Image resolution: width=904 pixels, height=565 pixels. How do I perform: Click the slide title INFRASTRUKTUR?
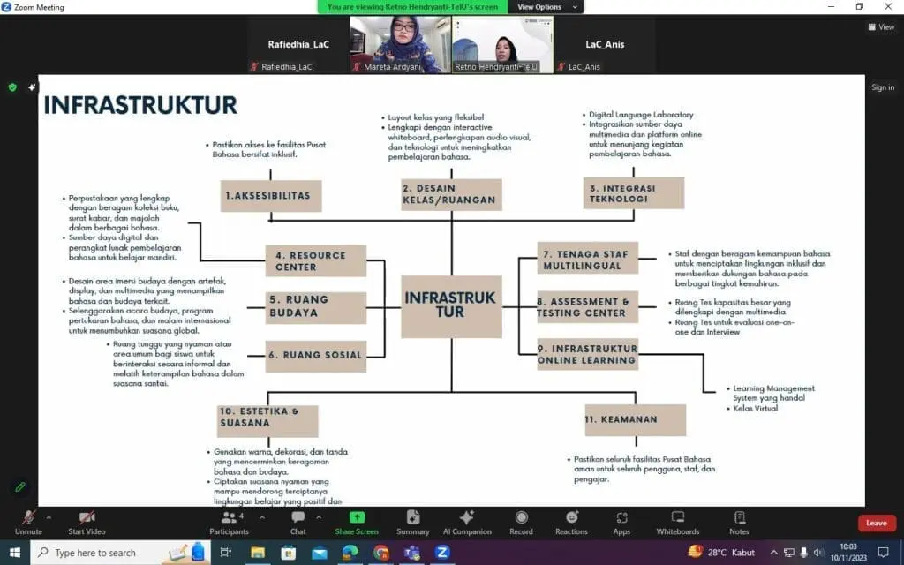point(140,105)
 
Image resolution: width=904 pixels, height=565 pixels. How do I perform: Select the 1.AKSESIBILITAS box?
point(271,195)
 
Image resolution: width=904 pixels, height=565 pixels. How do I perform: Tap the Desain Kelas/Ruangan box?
point(451,194)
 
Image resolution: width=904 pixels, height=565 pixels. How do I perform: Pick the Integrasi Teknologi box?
point(633,192)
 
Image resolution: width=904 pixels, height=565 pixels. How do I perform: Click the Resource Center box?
point(315,260)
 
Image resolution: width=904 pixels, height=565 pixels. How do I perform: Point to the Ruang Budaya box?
point(315,306)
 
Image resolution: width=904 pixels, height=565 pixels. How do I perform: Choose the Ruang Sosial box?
point(315,355)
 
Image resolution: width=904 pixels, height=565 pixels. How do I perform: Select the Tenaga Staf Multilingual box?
point(587,260)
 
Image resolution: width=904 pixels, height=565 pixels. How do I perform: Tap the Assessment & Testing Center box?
point(587,306)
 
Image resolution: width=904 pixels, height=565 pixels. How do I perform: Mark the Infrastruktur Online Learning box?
point(587,354)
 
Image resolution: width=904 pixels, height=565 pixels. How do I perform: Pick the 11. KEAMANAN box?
point(634,419)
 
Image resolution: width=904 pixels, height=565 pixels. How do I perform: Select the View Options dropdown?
point(548,7)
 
